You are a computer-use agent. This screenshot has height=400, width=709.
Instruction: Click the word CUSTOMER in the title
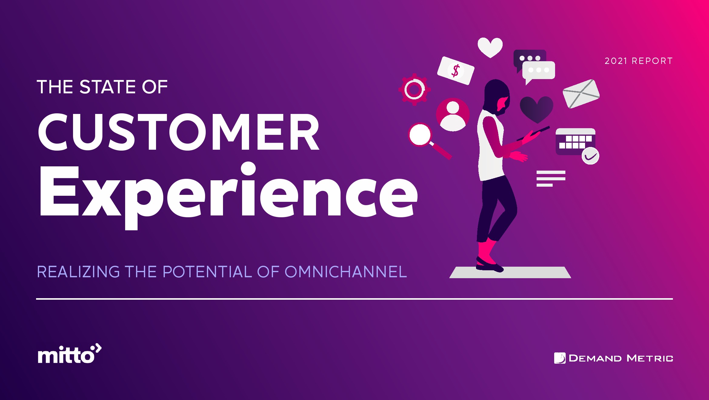pyautogui.click(x=179, y=132)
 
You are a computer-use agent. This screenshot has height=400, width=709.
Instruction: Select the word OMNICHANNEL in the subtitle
pyautogui.click(x=346, y=272)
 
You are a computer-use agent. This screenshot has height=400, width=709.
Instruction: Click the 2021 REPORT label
pyautogui.click(x=639, y=61)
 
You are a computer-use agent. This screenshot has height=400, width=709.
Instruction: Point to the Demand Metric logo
pyautogui.click(x=614, y=358)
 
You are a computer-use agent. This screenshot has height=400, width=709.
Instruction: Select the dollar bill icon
pyautogui.click(x=455, y=71)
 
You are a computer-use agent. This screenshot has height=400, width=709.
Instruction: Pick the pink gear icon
pyautogui.click(x=414, y=89)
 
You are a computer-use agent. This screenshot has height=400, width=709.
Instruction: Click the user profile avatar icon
pyautogui.click(x=453, y=115)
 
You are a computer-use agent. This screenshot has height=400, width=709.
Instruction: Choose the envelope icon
pyautogui.click(x=581, y=94)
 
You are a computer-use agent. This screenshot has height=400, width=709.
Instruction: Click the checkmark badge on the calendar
pyautogui.click(x=590, y=156)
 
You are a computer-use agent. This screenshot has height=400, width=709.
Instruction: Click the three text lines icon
pyautogui.click(x=551, y=178)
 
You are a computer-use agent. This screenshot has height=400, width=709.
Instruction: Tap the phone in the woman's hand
pyautogui.click(x=533, y=134)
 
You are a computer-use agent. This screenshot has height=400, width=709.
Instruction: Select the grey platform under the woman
pyautogui.click(x=510, y=272)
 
